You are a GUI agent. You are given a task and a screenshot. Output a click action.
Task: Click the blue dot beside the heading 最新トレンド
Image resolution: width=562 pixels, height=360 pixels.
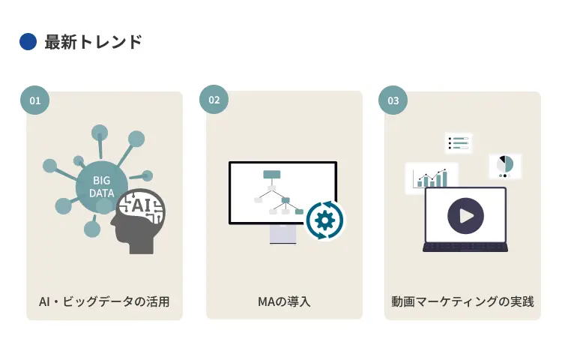coord(28,42)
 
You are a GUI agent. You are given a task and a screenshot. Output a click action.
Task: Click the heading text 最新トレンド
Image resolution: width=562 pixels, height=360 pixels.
coord(93,42)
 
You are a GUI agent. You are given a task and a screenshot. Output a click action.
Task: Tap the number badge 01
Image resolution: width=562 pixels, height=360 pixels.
coord(34,100)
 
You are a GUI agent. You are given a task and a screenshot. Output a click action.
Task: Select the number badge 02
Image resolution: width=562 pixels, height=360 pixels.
coord(214,100)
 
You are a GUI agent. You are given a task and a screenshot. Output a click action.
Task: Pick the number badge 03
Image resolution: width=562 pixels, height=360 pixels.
coord(393,100)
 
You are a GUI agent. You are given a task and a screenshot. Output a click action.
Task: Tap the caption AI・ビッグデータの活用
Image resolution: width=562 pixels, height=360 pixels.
coord(104,302)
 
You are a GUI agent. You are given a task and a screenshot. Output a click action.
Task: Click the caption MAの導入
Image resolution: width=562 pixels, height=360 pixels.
coord(284,302)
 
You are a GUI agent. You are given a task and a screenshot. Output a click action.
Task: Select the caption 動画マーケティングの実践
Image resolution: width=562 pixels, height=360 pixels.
coord(462,302)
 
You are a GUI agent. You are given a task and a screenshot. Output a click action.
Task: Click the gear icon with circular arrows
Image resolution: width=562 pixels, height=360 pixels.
coord(324,220)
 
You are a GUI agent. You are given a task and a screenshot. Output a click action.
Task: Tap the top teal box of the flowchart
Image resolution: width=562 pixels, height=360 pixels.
coord(271,175)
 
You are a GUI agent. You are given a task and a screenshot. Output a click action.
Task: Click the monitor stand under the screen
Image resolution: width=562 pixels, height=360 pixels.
coord(282,234)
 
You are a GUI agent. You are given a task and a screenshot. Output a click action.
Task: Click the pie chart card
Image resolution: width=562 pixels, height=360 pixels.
coord(506,166)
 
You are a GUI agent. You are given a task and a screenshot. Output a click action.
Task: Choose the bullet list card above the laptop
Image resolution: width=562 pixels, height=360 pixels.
coord(458,142)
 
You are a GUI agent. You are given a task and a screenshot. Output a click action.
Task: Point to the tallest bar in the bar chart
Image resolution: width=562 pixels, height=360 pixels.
coord(444,178)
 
